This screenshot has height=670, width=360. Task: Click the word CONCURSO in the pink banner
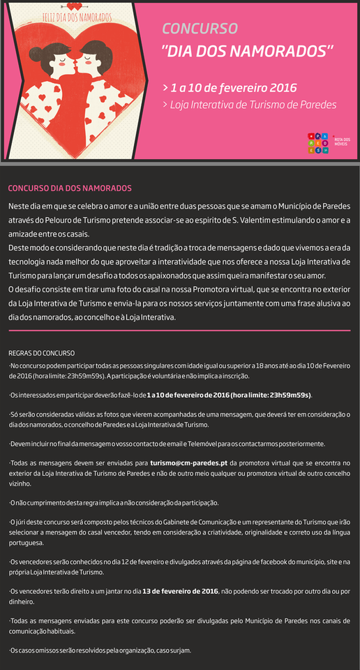pos(200,28)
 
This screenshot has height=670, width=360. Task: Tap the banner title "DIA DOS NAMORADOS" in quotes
pos(247,52)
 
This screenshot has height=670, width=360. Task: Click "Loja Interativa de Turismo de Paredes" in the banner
pos(253,105)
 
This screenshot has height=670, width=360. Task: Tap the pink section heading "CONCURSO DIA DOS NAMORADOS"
pos(69,188)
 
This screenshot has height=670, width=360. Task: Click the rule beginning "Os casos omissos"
pos(100,650)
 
